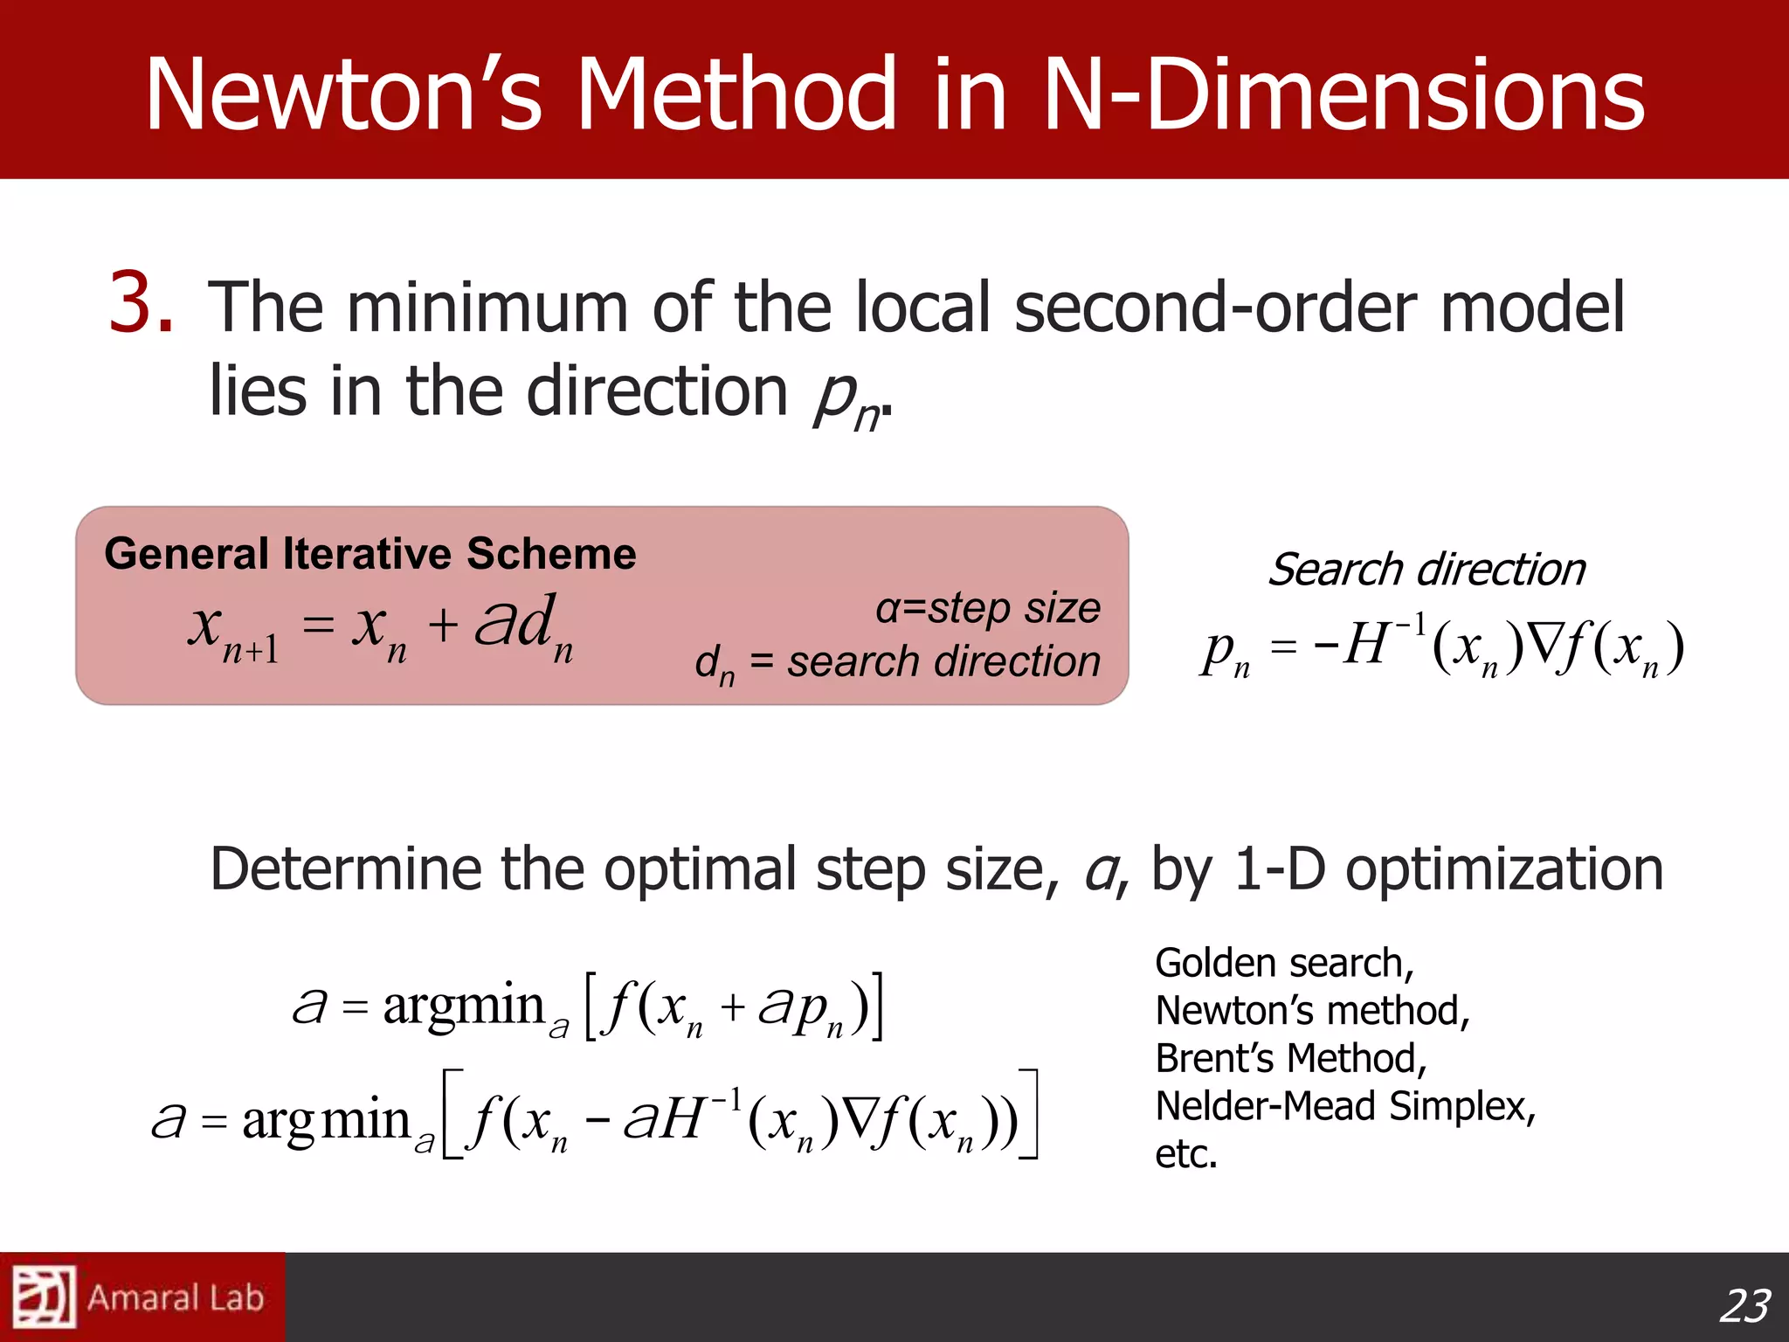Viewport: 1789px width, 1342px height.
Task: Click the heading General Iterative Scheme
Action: (x=370, y=554)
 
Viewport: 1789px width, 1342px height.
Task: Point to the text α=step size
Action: (x=988, y=608)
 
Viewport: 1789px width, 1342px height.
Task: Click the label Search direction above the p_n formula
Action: (x=1426, y=570)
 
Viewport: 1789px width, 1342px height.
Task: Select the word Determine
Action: (x=346, y=869)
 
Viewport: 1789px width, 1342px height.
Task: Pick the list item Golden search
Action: (x=1284, y=964)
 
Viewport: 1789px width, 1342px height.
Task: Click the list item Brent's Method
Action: (x=1291, y=1059)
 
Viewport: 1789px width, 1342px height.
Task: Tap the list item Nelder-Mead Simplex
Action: (x=1345, y=1106)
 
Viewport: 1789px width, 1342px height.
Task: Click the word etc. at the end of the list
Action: (x=1186, y=1154)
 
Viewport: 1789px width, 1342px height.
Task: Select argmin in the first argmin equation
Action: (x=463, y=1006)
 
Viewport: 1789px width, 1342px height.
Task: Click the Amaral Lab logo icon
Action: (x=43, y=1297)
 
